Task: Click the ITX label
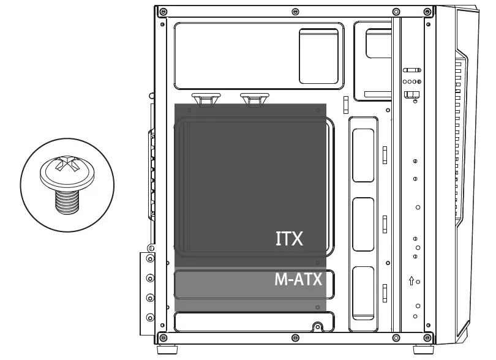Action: pos(289,238)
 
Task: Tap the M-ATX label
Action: pos(298,280)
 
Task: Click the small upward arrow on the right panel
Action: pos(411,281)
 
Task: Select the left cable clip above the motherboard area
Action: pos(206,98)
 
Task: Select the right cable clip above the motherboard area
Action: pos(254,98)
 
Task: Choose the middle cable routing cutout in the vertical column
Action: pos(364,224)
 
